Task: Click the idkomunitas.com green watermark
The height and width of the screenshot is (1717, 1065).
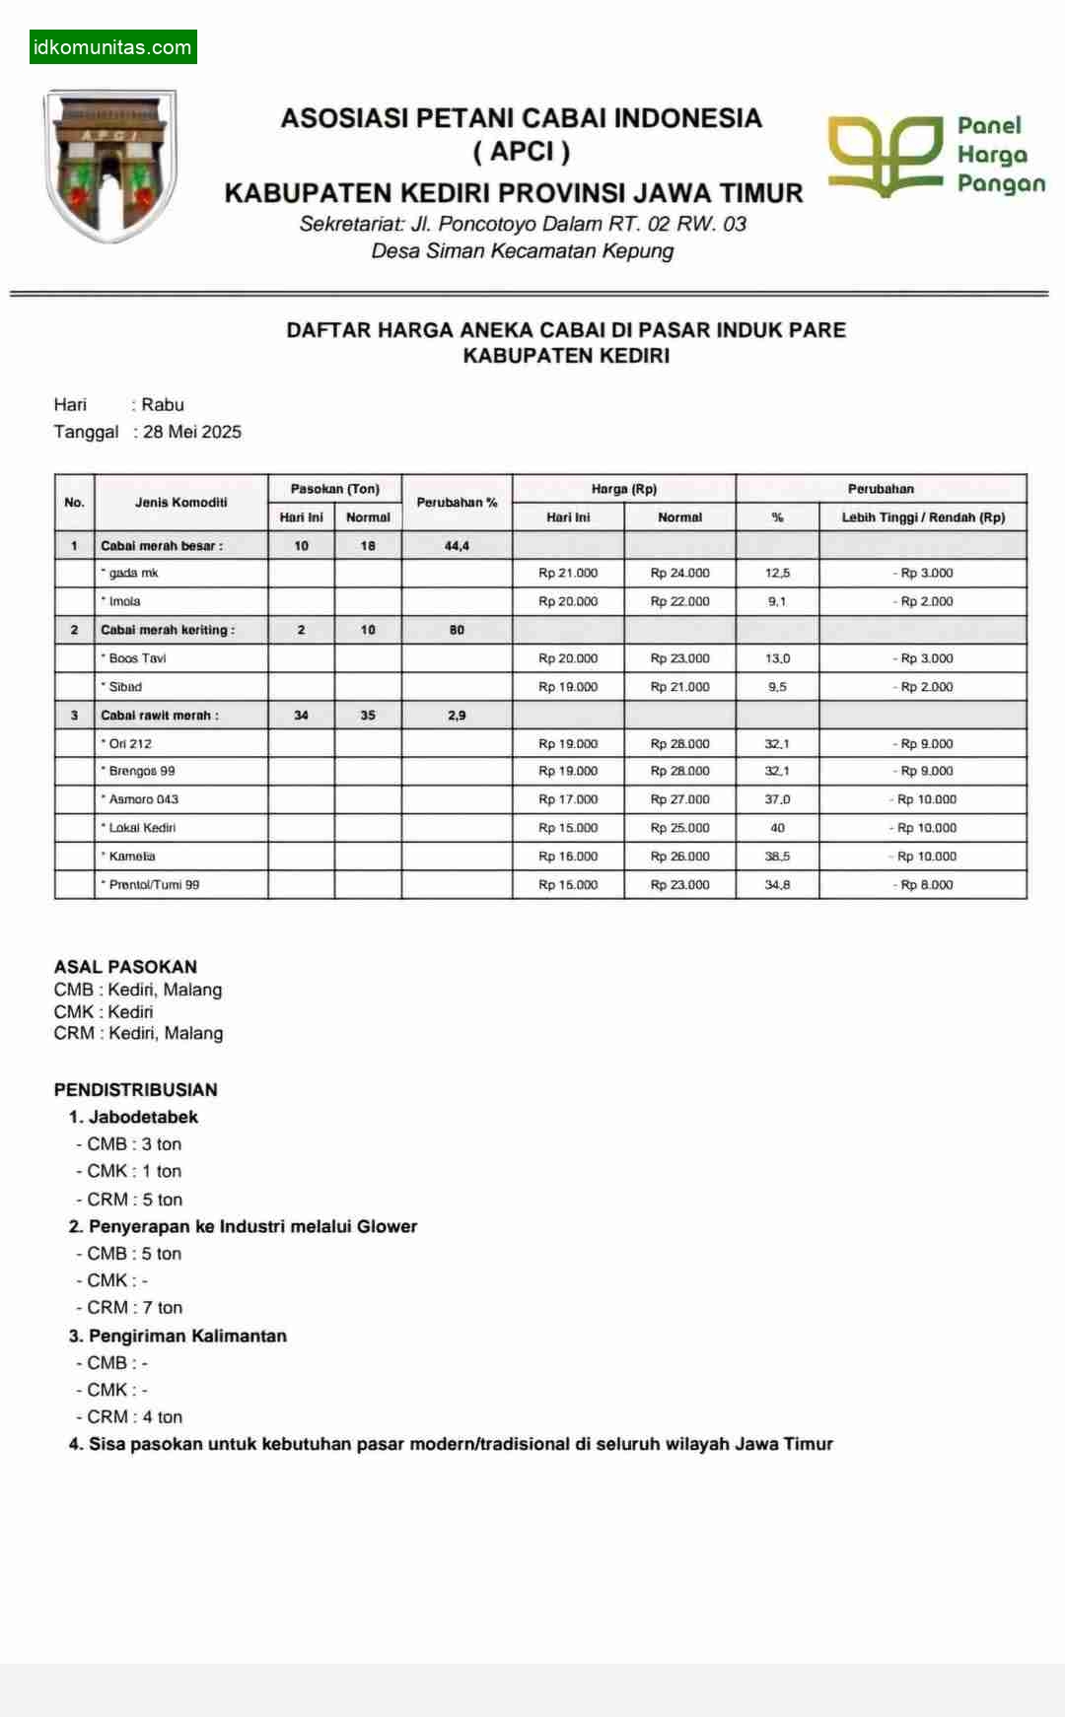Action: (x=112, y=47)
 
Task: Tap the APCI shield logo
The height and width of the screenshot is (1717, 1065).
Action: (x=109, y=165)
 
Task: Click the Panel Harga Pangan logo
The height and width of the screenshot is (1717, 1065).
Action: (x=936, y=155)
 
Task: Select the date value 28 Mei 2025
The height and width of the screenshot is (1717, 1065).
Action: (x=192, y=432)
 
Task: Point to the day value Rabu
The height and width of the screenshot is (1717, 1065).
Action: (x=163, y=404)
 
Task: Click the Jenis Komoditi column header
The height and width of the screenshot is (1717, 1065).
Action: (x=180, y=503)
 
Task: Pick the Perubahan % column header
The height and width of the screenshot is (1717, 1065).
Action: (x=457, y=503)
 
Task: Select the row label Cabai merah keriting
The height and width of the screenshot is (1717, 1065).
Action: (x=168, y=630)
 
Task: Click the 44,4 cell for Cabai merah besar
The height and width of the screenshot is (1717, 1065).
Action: (x=457, y=546)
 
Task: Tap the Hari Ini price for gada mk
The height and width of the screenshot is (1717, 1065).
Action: (x=568, y=574)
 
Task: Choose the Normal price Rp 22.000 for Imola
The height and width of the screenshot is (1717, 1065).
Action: (x=679, y=601)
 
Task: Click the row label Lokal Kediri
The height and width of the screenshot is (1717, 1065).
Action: (x=142, y=828)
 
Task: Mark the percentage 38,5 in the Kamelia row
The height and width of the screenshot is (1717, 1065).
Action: (x=777, y=857)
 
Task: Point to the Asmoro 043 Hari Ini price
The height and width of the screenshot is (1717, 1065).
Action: (x=568, y=799)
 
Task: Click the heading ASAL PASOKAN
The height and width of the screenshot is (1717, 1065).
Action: (x=125, y=967)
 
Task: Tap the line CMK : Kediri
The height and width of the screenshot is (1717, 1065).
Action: (x=104, y=1012)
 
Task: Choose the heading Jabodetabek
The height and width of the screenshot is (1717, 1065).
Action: (x=143, y=1117)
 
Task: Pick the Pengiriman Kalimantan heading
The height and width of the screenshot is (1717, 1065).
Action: (x=187, y=1336)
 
